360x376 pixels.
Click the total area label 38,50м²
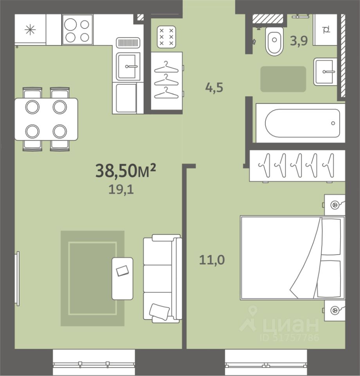(126, 170)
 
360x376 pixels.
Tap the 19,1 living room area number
(121, 190)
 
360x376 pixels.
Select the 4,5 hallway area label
(214, 87)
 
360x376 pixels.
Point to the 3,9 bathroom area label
(299, 40)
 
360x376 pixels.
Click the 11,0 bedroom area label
(212, 260)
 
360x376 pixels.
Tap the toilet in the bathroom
(274, 41)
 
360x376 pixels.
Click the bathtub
(301, 123)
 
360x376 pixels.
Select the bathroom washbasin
(325, 71)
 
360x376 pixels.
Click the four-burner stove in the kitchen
(77, 30)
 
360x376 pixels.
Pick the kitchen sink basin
(128, 66)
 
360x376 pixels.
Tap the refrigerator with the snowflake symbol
(30, 30)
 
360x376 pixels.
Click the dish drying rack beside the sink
(128, 43)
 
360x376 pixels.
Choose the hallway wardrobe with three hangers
(167, 81)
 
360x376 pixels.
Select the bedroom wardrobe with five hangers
(297, 165)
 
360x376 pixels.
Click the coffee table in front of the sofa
(122, 278)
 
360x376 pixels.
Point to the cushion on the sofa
(159, 311)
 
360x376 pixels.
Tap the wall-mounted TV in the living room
(17, 278)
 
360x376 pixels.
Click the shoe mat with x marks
(166, 37)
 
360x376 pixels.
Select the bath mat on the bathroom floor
(283, 79)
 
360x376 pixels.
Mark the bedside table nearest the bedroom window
(335, 310)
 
